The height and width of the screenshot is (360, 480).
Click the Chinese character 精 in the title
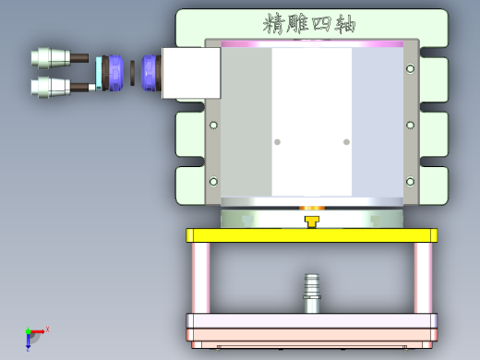point(274,22)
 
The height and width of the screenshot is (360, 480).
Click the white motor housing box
point(191,73)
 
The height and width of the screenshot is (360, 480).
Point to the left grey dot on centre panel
point(277,141)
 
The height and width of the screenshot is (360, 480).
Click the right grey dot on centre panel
point(347,141)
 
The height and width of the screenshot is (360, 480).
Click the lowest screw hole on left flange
point(214,181)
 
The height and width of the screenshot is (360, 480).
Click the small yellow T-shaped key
point(313,221)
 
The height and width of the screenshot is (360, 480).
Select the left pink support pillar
point(200,278)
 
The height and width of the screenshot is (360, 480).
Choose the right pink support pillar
point(423,278)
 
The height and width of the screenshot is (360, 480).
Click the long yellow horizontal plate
point(311,235)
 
